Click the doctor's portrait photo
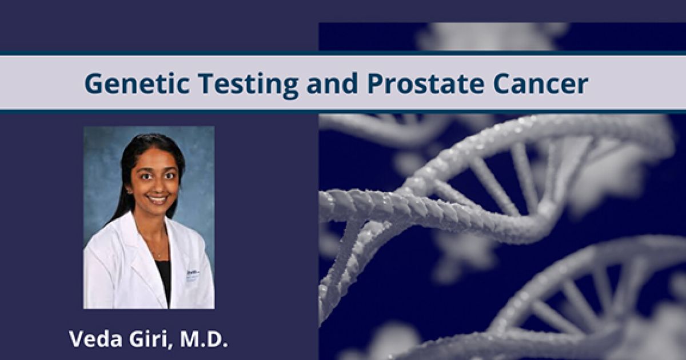tap(149, 217)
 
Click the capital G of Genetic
tap(93, 84)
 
